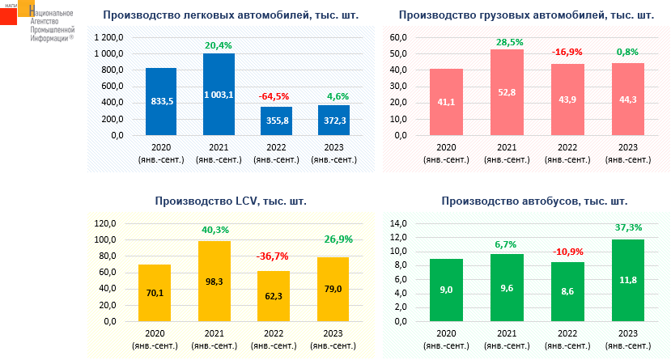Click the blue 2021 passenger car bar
click(x=219, y=94)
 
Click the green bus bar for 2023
click(x=628, y=280)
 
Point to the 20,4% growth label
click(x=219, y=45)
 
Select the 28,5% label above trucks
click(x=507, y=40)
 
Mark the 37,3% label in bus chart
click(x=628, y=227)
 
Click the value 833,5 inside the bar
click(x=161, y=101)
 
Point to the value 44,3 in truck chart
click(x=628, y=100)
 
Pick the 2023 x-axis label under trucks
click(x=628, y=154)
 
